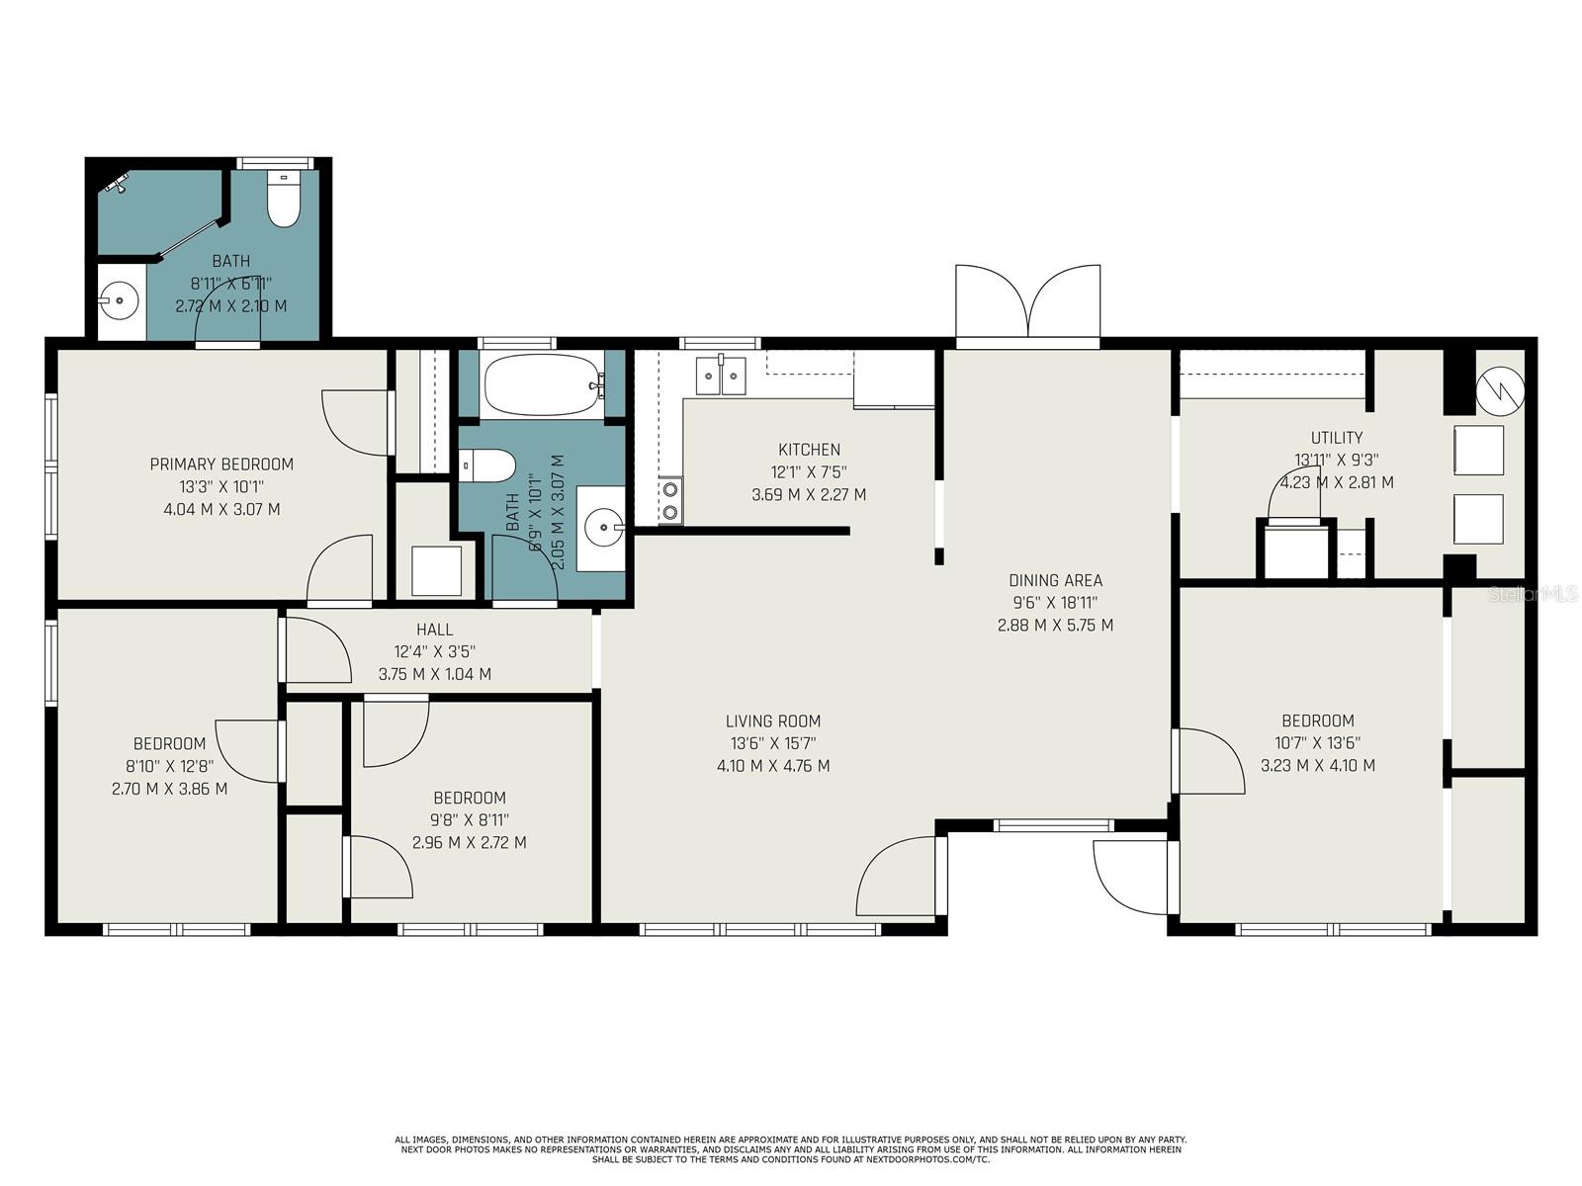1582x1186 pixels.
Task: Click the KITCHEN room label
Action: tap(809, 450)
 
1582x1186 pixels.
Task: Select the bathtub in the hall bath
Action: tap(542, 386)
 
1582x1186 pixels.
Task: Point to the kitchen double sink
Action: tap(720, 376)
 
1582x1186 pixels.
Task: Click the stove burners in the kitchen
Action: tap(670, 500)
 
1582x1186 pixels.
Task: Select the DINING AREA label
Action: tap(1055, 580)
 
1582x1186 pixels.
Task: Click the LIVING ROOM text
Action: tap(773, 720)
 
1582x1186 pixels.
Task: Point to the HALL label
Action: tap(435, 629)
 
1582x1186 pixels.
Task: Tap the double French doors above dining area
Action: tap(1028, 301)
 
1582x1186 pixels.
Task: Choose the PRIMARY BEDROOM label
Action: tap(221, 464)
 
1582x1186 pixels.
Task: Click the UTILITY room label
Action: tap(1337, 437)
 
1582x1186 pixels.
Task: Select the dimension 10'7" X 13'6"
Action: tap(1318, 743)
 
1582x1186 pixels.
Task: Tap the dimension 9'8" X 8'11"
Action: tap(469, 819)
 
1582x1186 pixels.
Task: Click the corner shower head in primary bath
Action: tap(117, 182)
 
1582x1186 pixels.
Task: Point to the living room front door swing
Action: tap(895, 875)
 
